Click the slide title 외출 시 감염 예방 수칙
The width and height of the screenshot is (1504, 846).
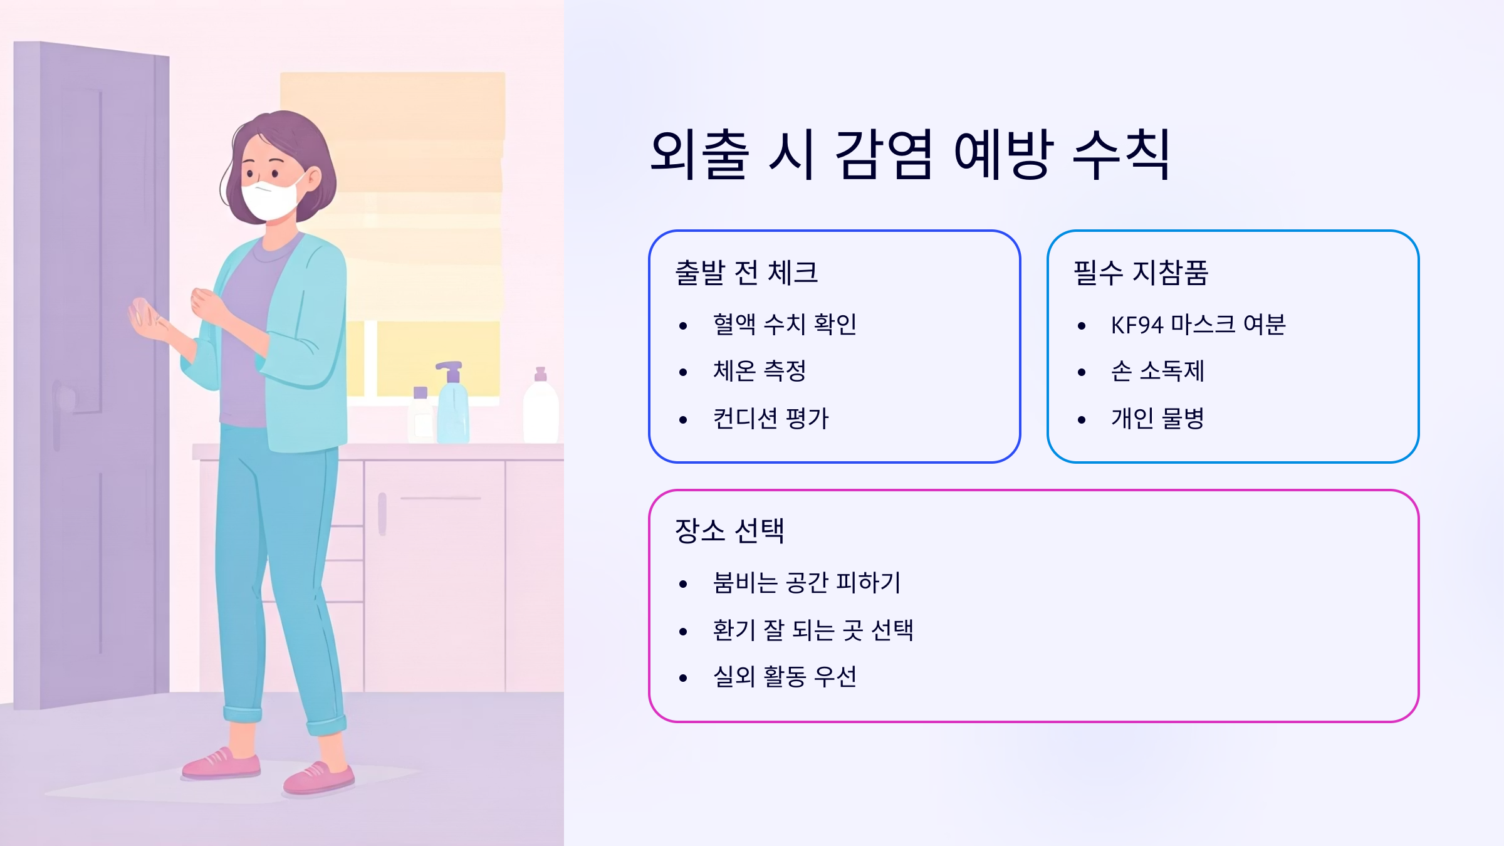(910, 155)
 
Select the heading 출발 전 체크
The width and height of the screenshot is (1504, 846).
(746, 273)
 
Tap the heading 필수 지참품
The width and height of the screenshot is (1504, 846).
(1141, 273)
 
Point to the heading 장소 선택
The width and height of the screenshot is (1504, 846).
(729, 531)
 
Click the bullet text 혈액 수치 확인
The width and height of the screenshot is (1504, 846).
(785, 325)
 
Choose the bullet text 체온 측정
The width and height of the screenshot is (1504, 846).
(760, 371)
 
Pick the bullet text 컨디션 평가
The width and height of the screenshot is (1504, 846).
(771, 418)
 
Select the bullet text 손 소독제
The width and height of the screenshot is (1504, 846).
(1157, 371)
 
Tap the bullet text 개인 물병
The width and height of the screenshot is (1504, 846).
(1157, 418)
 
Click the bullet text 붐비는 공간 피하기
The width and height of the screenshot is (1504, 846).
(807, 583)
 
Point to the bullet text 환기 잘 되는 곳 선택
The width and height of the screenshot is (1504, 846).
(813, 630)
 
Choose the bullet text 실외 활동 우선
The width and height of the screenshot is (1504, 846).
(785, 677)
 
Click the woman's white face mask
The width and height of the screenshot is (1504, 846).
(269, 199)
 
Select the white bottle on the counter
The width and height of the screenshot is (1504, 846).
(540, 407)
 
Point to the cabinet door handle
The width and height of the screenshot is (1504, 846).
(382, 514)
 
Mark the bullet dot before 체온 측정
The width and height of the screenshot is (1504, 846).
(683, 372)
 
